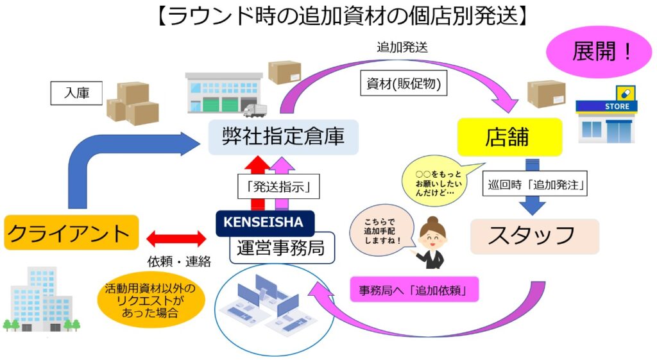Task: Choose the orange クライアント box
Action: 71,232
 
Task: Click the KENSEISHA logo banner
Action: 264,223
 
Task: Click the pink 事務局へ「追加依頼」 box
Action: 416,289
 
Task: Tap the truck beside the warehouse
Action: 254,111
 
